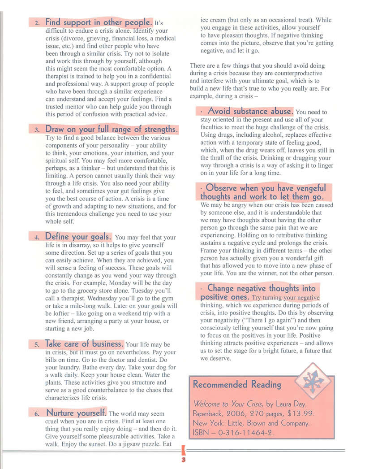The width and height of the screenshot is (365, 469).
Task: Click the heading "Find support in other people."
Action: [99, 22]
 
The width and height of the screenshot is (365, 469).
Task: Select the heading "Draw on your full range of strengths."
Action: [112, 130]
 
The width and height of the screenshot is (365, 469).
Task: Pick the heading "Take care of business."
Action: [84, 344]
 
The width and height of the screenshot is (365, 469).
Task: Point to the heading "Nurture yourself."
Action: [76, 413]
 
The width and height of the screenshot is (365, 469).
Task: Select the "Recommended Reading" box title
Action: [237, 384]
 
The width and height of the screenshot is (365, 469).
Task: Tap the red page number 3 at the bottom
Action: [183, 460]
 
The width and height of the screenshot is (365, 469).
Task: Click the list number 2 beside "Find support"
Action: [38, 23]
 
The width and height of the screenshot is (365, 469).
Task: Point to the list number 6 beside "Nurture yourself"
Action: [38, 414]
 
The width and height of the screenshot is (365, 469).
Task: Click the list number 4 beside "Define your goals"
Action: [38, 237]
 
